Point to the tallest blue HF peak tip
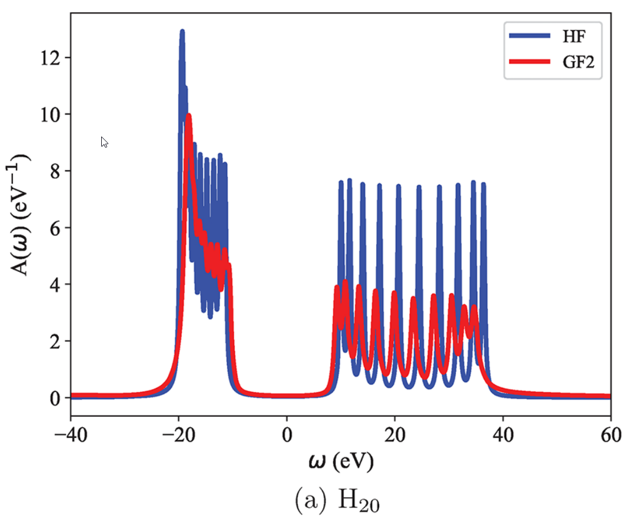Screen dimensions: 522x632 [182, 31]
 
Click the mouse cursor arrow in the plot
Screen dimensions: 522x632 [104, 141]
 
